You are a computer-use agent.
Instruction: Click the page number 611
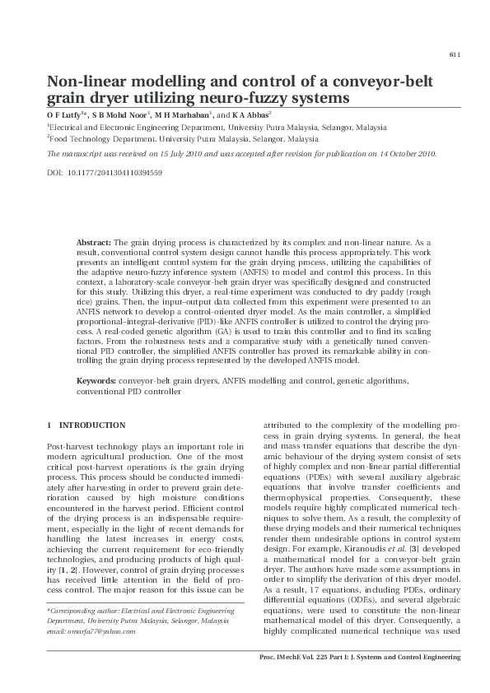tap(454, 54)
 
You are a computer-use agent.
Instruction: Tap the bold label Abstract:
tap(93, 243)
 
